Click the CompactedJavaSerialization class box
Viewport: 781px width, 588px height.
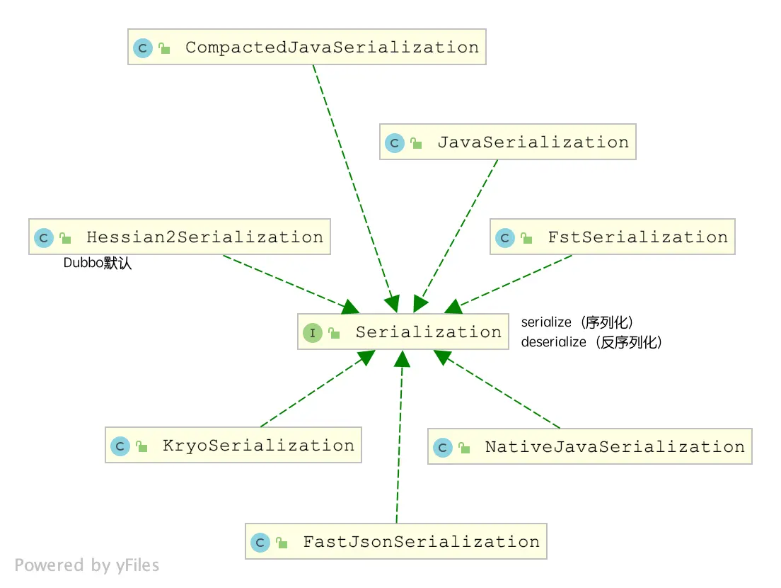pyautogui.click(x=306, y=47)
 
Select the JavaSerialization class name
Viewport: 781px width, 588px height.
pyautogui.click(x=533, y=142)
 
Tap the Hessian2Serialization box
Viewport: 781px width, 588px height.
pyautogui.click(x=180, y=237)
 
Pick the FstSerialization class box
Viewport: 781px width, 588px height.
pyautogui.click(x=613, y=237)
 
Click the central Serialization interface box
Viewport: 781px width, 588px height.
pyautogui.click(x=403, y=332)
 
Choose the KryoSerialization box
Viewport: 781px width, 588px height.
pyautogui.click(x=233, y=446)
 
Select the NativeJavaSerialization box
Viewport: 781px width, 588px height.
pyautogui.click(x=589, y=447)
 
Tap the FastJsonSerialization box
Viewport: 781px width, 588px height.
pyautogui.click(x=395, y=542)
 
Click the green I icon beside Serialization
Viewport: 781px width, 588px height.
pyautogui.click(x=313, y=333)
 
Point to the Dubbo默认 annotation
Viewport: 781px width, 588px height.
pyautogui.click(x=98, y=264)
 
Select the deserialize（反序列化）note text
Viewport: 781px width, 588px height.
pyautogui.click(x=591, y=342)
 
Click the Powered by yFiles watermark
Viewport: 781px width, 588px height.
pyautogui.click(x=87, y=565)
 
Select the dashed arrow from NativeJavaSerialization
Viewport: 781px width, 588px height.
pyautogui.click(x=502, y=395)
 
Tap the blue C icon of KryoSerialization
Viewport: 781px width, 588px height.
pyautogui.click(x=120, y=446)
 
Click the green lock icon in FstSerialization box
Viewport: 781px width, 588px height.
pyautogui.click(x=526, y=239)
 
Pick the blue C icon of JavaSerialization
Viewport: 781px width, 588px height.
pyautogui.click(x=394, y=143)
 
